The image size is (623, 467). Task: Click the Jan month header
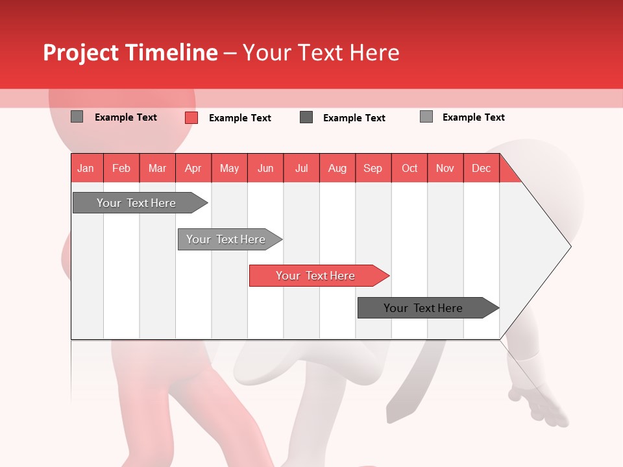(86, 168)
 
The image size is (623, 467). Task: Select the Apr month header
(193, 168)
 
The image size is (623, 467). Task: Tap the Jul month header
(301, 168)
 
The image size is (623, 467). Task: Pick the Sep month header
(373, 168)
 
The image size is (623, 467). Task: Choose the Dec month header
(481, 168)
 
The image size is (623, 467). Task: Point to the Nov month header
(445, 168)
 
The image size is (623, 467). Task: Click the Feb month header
(121, 168)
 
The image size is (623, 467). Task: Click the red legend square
(191, 117)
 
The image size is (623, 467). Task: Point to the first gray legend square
(77, 117)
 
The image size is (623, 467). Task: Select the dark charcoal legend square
(306, 117)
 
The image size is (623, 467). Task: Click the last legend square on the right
(426, 117)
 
